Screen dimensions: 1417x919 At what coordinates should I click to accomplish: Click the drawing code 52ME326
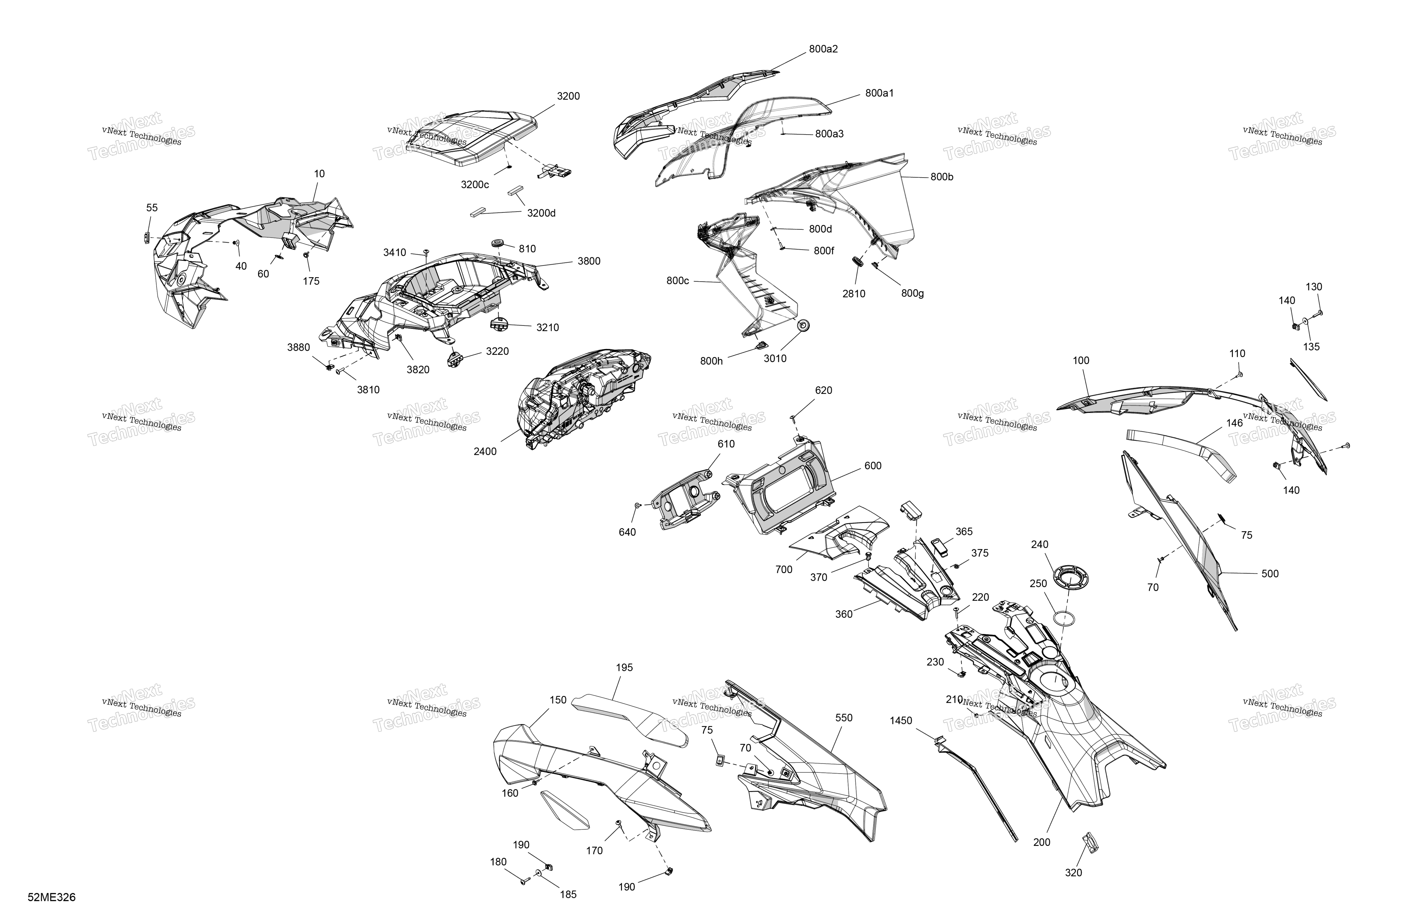[52, 897]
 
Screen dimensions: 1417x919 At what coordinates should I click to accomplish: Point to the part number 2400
[485, 451]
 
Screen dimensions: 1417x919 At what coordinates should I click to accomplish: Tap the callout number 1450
[901, 721]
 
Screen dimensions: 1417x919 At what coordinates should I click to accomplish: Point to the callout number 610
[726, 444]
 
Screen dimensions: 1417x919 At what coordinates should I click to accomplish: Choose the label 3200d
[541, 213]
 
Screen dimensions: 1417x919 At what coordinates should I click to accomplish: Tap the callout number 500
[1270, 574]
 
